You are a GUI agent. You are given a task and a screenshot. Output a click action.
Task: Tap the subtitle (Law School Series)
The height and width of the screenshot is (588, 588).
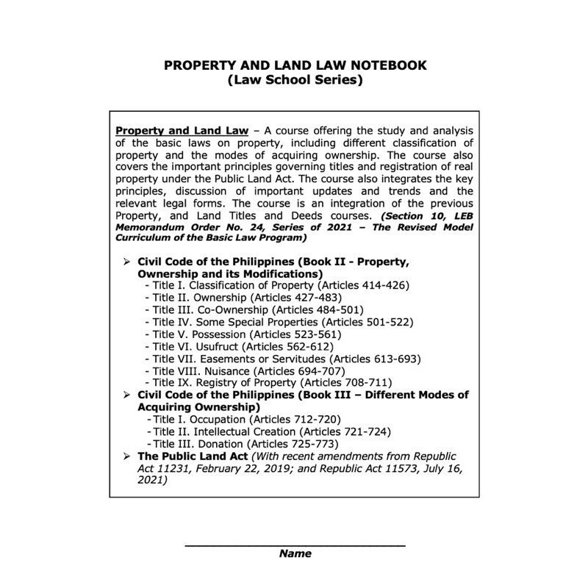[x=295, y=80]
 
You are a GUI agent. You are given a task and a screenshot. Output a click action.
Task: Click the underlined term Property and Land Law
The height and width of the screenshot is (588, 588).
[x=182, y=130]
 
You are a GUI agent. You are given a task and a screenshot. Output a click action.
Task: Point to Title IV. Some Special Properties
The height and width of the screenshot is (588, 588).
[x=280, y=322]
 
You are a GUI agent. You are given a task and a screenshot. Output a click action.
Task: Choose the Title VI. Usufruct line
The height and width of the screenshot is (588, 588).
[x=240, y=346]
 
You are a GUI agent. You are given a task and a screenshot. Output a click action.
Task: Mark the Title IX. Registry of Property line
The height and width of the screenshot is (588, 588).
[x=270, y=383]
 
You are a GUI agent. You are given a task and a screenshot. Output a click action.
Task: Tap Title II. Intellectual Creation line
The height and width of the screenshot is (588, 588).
[x=269, y=431]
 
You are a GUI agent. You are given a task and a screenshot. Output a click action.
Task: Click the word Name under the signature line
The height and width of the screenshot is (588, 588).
[x=295, y=553]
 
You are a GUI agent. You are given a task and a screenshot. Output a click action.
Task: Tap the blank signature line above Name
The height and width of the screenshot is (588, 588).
[x=295, y=545]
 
